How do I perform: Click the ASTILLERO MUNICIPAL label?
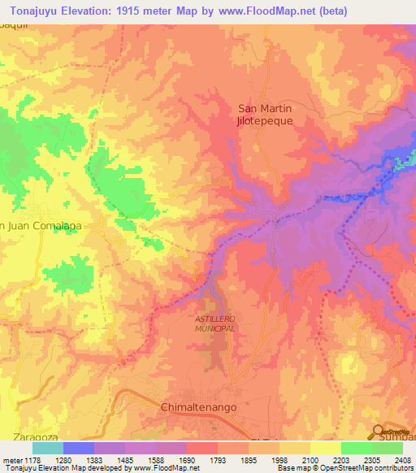[215, 325]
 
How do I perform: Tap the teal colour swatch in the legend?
[48, 448]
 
